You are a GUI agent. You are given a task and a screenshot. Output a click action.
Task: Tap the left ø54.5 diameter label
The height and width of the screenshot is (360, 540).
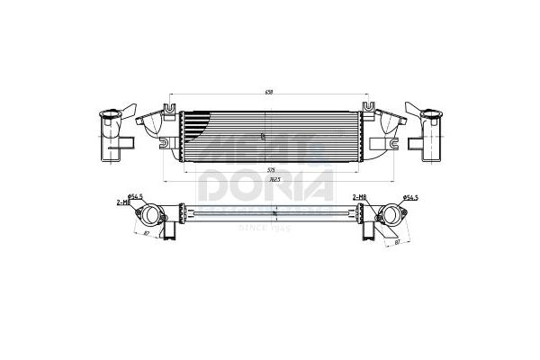pos(137,196)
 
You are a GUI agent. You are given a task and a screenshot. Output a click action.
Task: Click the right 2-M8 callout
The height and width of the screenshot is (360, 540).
pos(359,196)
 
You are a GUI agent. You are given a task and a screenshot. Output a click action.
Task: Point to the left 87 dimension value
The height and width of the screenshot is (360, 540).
pos(147,233)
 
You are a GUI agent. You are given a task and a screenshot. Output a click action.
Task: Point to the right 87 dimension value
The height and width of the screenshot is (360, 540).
pos(397,240)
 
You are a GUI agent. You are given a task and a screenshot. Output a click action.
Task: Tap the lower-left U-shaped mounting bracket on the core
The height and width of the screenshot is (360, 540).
pos(165,142)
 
